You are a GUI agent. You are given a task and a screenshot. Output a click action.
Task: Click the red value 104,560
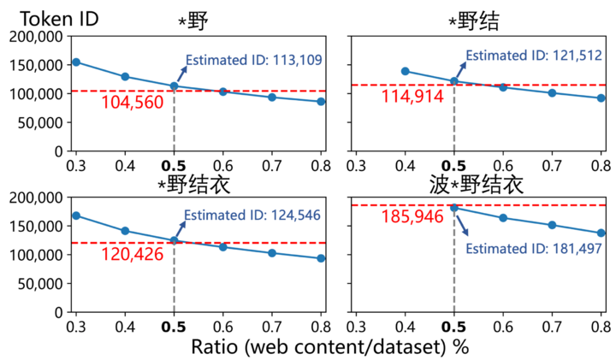pyautogui.click(x=128, y=102)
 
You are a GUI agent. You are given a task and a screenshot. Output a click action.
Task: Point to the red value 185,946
pyautogui.click(x=413, y=217)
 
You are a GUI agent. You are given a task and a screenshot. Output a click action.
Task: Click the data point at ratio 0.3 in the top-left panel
pyautogui.click(x=75, y=62)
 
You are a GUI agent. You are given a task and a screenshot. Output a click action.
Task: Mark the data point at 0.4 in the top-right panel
pyautogui.click(x=405, y=71)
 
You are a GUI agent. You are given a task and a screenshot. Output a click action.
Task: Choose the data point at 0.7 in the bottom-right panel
pyautogui.click(x=552, y=225)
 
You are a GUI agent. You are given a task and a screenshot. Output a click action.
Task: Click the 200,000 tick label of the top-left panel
pyautogui.click(x=34, y=36)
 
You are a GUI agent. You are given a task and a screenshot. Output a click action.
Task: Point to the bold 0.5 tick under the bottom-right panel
pyautogui.click(x=453, y=327)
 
